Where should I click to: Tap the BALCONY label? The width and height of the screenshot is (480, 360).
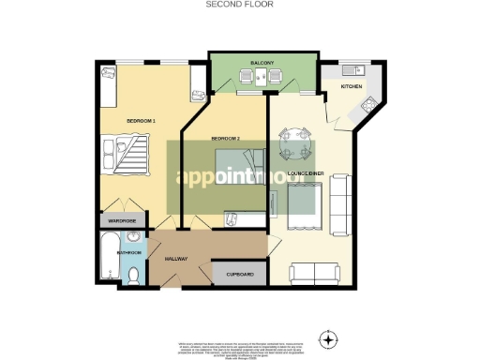click(x=262, y=63)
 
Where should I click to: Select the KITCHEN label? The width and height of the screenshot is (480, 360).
click(x=351, y=86)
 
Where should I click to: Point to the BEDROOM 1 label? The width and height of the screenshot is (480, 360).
click(x=142, y=121)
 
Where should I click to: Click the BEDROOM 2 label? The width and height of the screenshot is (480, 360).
click(x=226, y=138)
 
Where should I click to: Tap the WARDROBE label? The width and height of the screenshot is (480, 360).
click(x=122, y=220)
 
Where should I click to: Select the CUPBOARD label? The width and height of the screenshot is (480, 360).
click(x=239, y=274)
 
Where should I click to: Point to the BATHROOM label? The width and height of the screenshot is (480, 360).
click(x=127, y=253)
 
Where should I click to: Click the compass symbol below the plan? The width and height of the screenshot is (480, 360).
click(x=328, y=337)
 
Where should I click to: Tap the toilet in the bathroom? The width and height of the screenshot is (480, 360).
click(x=134, y=275)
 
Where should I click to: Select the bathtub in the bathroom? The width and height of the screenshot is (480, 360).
click(x=107, y=261)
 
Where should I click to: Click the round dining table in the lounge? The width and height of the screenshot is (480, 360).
click(x=295, y=141)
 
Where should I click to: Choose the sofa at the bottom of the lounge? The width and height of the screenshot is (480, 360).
click(x=316, y=274)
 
